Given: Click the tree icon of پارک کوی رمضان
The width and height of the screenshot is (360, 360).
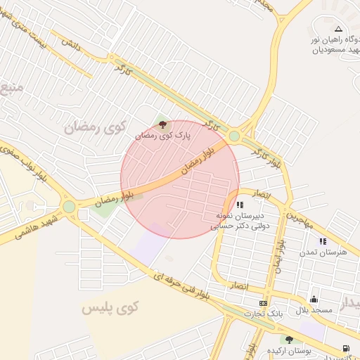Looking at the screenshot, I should [x=163, y=124].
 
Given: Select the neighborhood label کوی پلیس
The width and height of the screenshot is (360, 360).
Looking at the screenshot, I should [x=110, y=307].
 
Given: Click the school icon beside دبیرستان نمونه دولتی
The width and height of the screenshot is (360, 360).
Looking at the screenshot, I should [x=240, y=205].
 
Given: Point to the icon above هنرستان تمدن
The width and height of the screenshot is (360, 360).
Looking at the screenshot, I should [x=323, y=241].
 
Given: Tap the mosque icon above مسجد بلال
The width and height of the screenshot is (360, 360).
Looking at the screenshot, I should [x=313, y=300].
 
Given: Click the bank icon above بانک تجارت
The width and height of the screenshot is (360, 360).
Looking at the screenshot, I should [x=263, y=303].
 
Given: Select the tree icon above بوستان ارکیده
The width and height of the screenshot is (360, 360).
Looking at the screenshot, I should [x=289, y=340].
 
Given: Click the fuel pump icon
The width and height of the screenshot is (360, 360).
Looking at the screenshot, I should [x=345, y=348].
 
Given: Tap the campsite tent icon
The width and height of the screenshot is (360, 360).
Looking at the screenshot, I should [x=339, y=29].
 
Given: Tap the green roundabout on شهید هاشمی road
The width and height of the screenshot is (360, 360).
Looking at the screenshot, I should [x=69, y=207].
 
